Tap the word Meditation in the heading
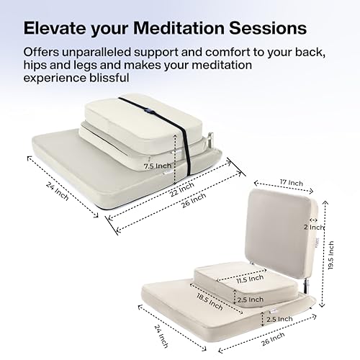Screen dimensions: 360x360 178,29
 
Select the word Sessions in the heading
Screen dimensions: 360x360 266,29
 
